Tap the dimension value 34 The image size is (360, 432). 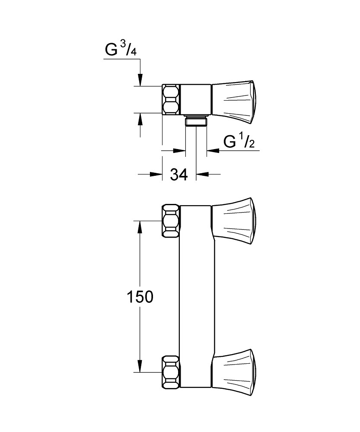178,175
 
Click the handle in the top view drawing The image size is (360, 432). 236,99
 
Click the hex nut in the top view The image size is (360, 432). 171,99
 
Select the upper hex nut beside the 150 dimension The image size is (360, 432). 171,220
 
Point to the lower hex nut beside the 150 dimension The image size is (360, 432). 171,372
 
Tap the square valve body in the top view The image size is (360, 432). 195,99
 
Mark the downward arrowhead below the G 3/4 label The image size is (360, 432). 140,80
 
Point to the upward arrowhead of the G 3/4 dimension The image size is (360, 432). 140,119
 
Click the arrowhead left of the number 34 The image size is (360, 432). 156,175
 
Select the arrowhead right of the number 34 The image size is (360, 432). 202,175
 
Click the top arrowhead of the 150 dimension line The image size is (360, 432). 140,227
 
